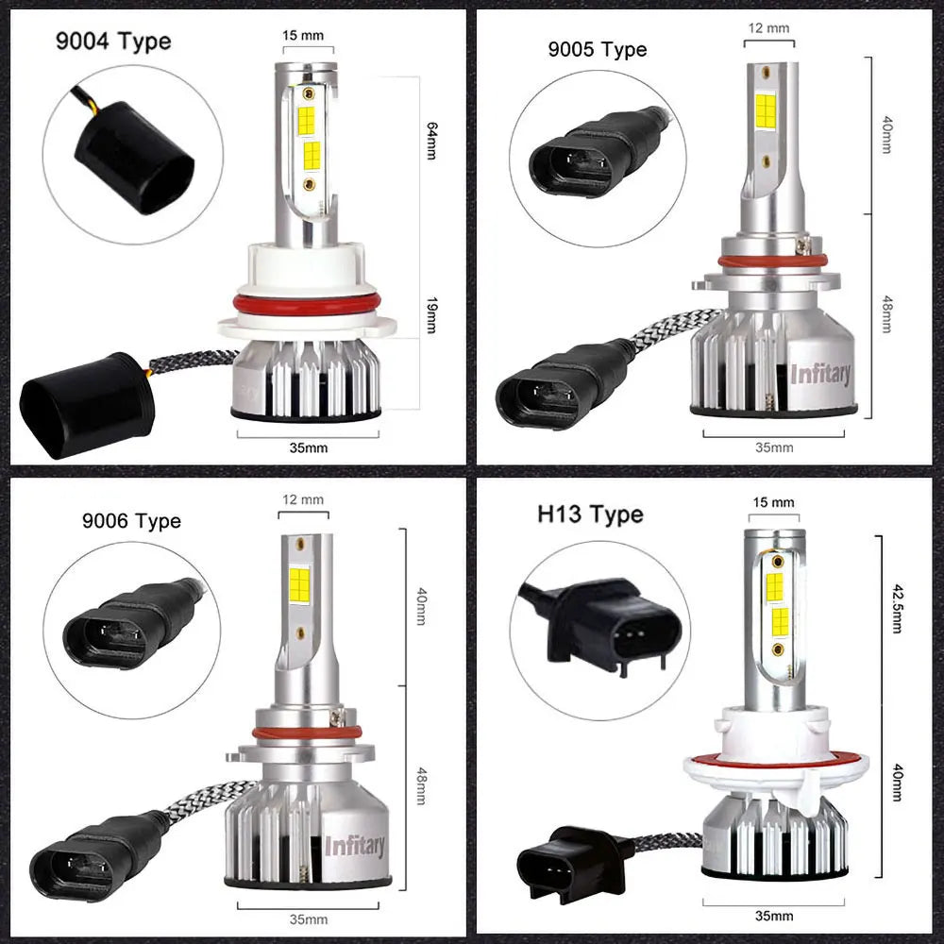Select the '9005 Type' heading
click(x=598, y=49)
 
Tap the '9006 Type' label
click(x=130, y=520)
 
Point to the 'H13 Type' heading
click(x=590, y=514)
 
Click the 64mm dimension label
click(x=432, y=141)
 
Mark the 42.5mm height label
click(x=896, y=605)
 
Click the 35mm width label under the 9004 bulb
click(x=309, y=447)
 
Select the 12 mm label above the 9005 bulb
click(x=767, y=28)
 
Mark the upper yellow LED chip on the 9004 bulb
click(x=307, y=106)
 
